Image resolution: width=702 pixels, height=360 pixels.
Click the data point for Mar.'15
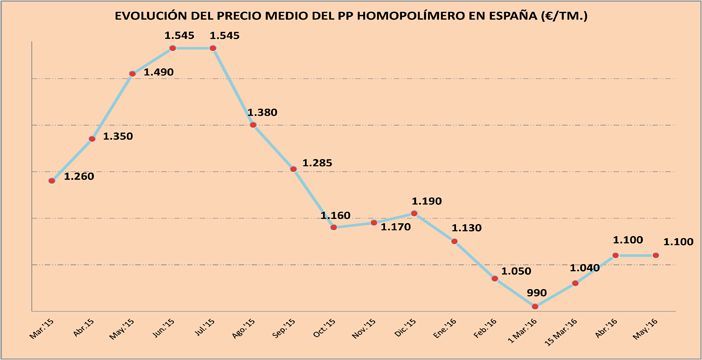52,181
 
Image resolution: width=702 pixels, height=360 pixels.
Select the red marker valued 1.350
92,139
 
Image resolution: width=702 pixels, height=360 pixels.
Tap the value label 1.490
163,72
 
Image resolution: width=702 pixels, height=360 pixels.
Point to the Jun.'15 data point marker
173,48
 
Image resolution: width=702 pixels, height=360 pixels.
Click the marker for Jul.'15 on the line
213,48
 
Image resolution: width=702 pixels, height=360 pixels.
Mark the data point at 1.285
293,169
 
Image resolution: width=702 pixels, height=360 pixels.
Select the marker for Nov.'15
374,222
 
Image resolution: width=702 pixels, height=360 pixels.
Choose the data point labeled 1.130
455,240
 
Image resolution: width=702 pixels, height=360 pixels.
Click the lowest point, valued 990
535,306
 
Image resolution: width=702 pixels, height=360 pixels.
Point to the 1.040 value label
585,269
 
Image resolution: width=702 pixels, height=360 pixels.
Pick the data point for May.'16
656,255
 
